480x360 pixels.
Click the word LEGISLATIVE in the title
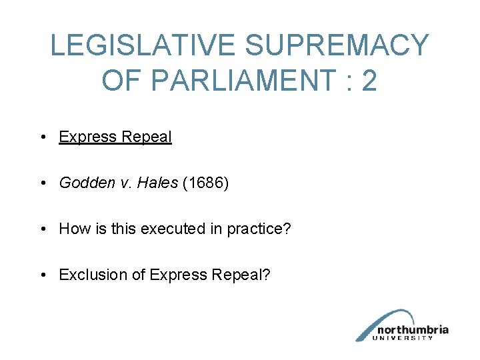coord(143,46)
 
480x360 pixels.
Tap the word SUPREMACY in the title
coord(337,46)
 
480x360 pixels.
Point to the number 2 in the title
coord(369,81)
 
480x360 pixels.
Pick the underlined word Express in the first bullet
coord(87,137)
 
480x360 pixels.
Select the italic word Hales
coord(157,183)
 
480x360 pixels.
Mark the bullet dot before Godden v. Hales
coord(42,183)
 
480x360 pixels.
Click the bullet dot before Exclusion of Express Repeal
coord(42,275)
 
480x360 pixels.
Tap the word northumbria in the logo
coord(413,329)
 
